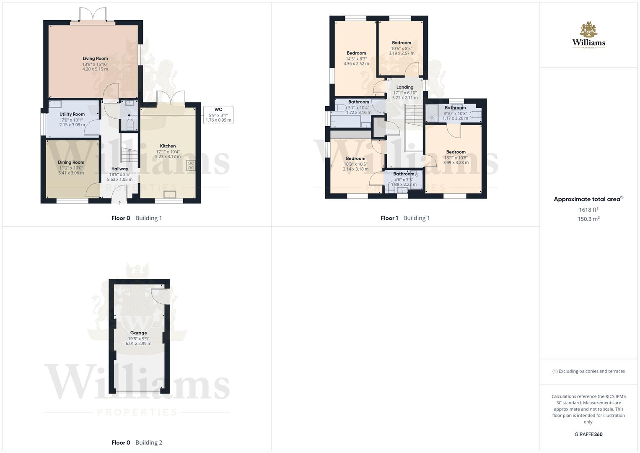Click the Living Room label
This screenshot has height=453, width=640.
95,59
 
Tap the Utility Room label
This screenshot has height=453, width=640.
72,114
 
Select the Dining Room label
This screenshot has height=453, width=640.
71,162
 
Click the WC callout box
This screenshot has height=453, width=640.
218,115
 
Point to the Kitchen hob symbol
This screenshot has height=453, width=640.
191,166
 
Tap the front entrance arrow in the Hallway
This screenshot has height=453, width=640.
119,203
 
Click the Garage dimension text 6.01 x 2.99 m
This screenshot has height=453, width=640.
138,344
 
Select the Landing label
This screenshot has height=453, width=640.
405,87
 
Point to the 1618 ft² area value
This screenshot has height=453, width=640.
588,210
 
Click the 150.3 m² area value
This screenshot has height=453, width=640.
588,219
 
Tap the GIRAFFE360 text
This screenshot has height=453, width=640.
588,435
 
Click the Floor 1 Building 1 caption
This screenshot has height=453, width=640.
405,218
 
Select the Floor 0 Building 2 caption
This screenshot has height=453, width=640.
137,443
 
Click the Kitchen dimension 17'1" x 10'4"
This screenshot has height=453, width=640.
168,151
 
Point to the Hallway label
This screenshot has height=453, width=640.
120,169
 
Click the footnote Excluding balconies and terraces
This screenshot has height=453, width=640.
588,371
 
